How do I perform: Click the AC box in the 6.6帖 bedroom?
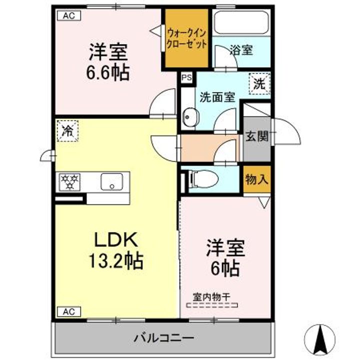tap(69, 16)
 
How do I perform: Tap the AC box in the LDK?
tap(69, 312)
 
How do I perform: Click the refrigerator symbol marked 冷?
tap(67, 131)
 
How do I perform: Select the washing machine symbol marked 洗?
tap(259, 84)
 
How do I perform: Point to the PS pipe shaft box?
tap(186, 77)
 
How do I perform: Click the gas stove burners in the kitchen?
tap(69, 182)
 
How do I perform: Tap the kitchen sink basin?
tap(112, 182)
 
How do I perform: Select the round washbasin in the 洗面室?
tap(190, 117)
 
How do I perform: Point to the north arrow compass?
tap(320, 340)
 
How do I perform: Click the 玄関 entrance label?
tap(257, 136)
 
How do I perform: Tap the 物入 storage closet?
tap(257, 179)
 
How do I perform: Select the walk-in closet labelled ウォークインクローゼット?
tap(186, 38)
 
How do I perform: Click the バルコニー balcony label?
tap(164, 338)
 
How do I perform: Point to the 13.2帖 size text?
tap(116, 261)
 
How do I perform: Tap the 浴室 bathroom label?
tap(241, 50)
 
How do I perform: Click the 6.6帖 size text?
tap(108, 72)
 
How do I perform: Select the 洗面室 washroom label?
tap(217, 97)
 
